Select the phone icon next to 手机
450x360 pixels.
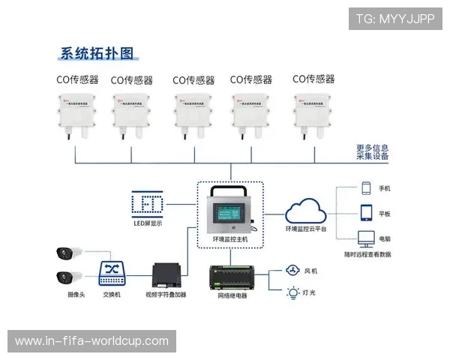367,188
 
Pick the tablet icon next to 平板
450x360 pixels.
367,212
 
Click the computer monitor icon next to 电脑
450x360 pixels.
367,238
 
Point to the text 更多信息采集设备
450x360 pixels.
373,152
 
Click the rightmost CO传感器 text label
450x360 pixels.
313,79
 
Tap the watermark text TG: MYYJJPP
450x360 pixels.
395,18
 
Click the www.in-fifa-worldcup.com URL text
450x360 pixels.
92,341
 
